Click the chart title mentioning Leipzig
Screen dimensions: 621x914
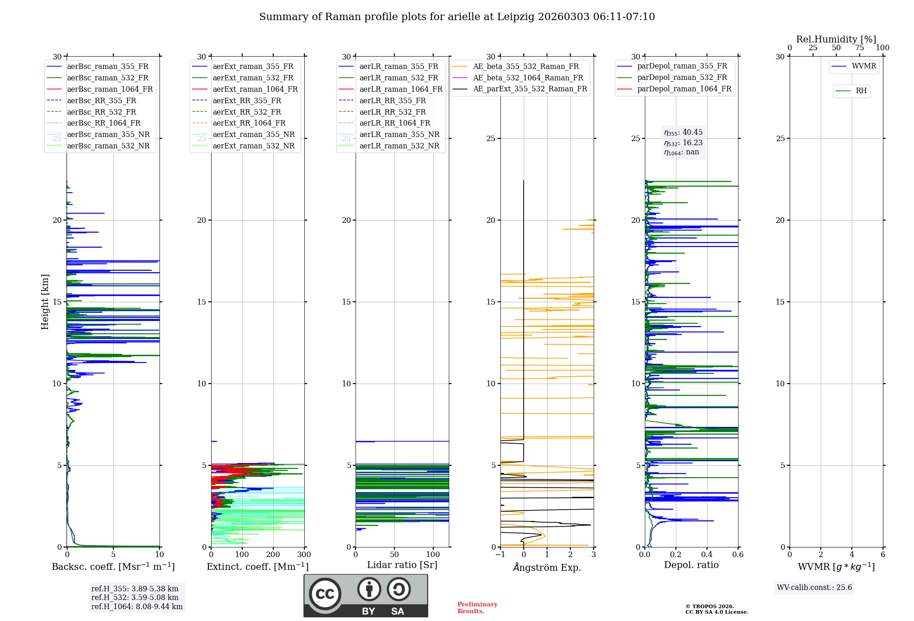457,17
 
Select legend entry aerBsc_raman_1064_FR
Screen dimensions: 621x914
110,89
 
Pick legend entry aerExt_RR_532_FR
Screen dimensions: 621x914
247,112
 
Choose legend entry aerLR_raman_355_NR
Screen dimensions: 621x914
399,134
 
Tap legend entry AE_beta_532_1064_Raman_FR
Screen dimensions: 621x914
528,78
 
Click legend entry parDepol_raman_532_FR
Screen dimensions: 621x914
682,78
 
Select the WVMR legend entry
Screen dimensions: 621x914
863,66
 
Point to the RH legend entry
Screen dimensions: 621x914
861,91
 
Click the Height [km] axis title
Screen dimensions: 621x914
45,301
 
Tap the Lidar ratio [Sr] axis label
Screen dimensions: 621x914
402,565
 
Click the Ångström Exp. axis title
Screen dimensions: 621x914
547,567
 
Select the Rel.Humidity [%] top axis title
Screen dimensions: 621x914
836,39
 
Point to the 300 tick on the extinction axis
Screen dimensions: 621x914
304,555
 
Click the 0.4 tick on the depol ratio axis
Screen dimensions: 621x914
707,555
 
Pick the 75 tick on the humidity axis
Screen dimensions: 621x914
859,48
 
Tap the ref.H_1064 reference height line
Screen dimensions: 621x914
137,606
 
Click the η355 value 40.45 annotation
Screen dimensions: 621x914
684,132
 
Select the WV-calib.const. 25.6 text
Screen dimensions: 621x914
814,588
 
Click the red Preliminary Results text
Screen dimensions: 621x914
477,608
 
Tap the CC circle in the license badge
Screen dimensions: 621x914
325,594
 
